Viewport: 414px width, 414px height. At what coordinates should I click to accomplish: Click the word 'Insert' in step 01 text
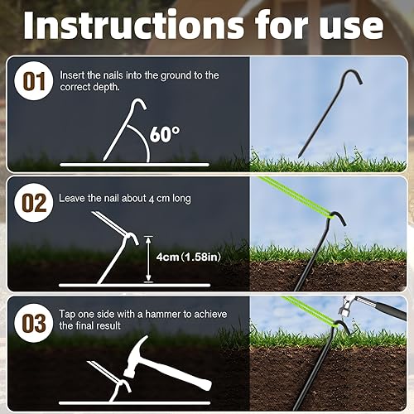pos(72,75)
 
